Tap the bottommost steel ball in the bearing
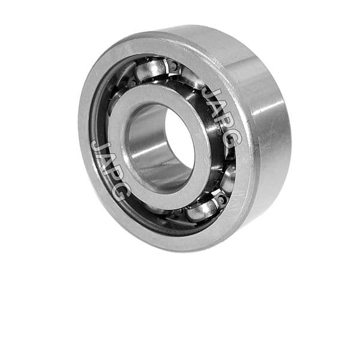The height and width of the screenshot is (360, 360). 202,211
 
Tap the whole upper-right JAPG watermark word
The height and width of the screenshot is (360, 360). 219,118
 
